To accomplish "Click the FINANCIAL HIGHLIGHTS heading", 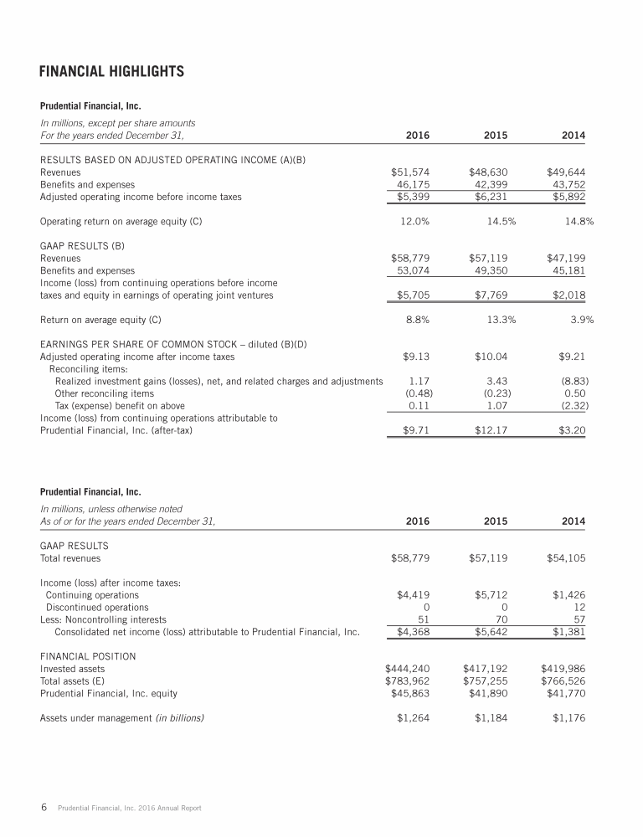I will pyautogui.click(x=111, y=71).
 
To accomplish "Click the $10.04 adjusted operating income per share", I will pyautogui.click(x=491, y=357).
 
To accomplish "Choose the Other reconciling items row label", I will pyautogui.click(x=104, y=394).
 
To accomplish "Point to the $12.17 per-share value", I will pyautogui.click(x=491, y=430).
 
